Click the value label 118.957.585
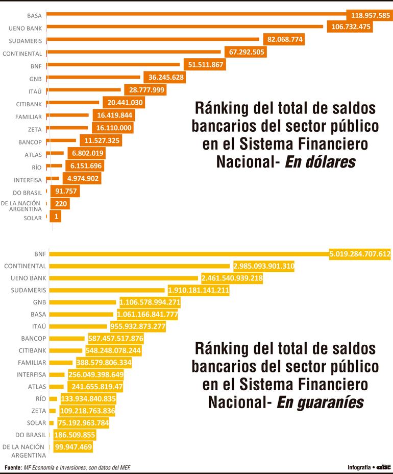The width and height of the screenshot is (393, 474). [368, 15]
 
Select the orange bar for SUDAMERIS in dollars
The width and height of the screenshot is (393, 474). [153, 39]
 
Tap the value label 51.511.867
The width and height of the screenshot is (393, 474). [204, 65]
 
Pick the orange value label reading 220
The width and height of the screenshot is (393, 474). [60, 204]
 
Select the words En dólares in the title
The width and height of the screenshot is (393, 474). [320, 162]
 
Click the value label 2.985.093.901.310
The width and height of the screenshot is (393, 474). [263, 266]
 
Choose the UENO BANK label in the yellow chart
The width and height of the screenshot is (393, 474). [29, 278]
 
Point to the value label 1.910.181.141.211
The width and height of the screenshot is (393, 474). [198, 291]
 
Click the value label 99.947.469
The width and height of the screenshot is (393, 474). [72, 447]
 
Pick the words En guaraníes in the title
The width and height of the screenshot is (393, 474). [320, 402]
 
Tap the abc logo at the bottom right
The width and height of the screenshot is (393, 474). [383, 467]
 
